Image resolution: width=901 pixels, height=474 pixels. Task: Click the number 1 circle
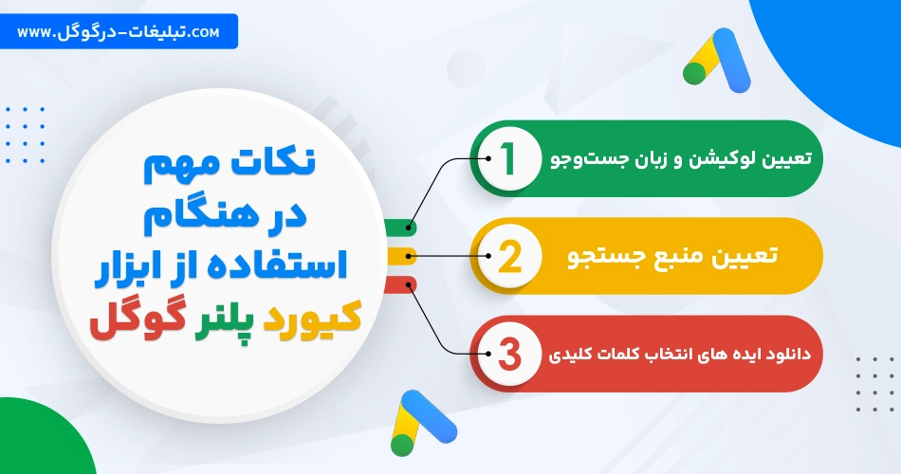(506, 158)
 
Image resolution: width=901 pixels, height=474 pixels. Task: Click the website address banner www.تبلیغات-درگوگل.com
(119, 32)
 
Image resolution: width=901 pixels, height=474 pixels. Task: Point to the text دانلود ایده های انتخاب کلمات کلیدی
(679, 355)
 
